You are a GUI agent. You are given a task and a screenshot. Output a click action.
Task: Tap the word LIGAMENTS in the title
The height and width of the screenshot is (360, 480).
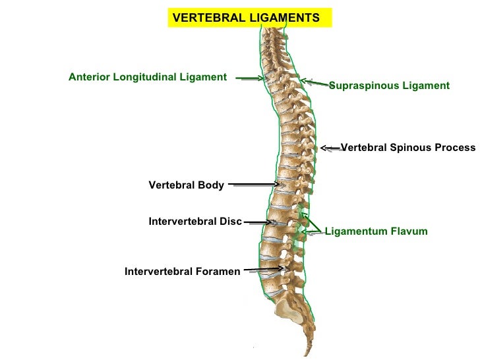click(x=285, y=18)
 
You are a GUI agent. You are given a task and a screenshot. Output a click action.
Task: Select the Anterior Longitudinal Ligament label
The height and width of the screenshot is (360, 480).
click(x=148, y=77)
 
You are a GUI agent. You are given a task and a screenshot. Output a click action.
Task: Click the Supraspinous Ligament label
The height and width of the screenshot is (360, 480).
click(x=390, y=86)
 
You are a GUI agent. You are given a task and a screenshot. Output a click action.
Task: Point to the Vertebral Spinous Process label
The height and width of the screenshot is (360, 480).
click(x=408, y=148)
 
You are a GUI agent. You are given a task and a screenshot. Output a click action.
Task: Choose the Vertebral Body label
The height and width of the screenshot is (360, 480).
click(x=186, y=185)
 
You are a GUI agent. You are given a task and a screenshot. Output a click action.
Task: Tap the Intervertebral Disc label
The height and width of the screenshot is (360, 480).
click(x=195, y=222)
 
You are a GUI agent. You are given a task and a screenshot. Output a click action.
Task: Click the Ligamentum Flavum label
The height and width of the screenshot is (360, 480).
click(x=376, y=231)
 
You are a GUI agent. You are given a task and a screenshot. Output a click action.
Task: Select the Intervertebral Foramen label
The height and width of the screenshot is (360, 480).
click(x=183, y=272)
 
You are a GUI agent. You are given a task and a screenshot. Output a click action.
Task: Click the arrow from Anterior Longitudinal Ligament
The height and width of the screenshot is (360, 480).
click(x=249, y=78)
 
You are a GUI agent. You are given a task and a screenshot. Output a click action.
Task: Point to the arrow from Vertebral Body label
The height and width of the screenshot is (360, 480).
click(x=254, y=185)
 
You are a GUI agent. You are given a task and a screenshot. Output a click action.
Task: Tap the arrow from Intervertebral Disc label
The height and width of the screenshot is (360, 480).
click(x=258, y=223)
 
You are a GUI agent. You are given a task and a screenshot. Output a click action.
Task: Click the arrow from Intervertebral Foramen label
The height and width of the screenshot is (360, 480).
click(x=264, y=269)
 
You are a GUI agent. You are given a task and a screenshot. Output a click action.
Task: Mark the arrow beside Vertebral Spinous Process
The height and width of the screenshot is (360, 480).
click(x=330, y=148)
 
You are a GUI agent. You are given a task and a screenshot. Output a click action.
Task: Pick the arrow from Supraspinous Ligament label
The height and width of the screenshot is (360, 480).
click(x=315, y=82)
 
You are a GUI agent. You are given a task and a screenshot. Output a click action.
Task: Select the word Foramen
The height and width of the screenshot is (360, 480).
click(x=218, y=272)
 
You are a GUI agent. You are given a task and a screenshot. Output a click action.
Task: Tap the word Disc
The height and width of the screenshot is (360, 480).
click(x=231, y=222)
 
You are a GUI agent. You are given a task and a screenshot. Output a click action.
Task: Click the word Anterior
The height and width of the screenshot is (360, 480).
click(x=90, y=77)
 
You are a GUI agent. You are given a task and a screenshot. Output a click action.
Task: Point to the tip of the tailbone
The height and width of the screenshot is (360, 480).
click(x=307, y=355)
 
